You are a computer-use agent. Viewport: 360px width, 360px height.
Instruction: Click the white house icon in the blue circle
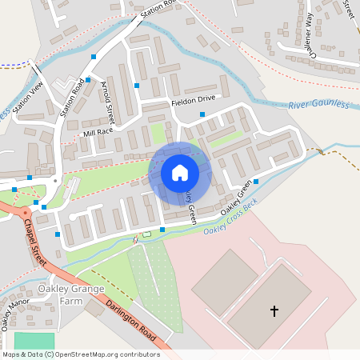(x=180, y=173)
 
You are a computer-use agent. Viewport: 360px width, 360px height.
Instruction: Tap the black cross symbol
(x=274, y=310)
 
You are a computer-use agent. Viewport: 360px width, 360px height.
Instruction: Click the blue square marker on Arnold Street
(x=137, y=86)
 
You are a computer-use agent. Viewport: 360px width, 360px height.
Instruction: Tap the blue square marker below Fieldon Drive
(x=202, y=114)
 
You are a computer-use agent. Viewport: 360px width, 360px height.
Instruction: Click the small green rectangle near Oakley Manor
(x=30, y=340)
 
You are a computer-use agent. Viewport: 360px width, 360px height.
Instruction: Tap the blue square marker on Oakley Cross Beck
(x=162, y=230)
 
